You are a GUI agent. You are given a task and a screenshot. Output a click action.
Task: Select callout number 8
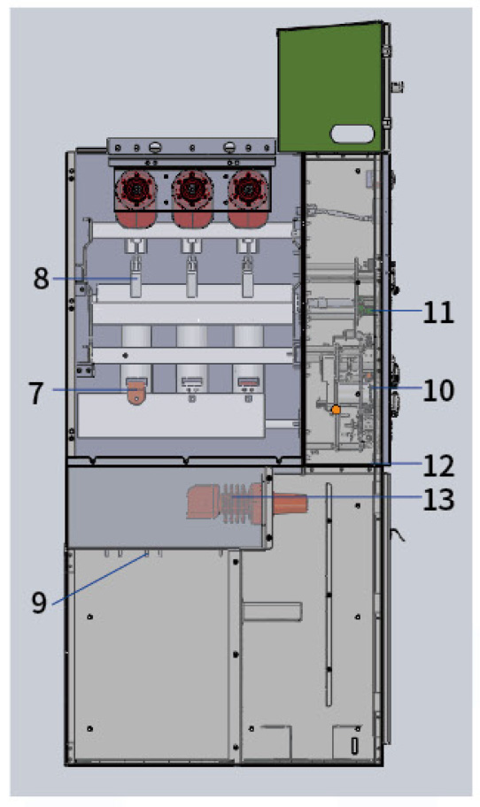coord(42,279)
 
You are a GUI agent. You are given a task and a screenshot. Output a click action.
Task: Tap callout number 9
coord(39,603)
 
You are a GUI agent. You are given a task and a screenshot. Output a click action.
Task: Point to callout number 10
coord(438,391)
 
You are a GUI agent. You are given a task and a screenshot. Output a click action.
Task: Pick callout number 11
coord(438,311)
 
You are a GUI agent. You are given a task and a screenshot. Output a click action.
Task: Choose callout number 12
coord(438,465)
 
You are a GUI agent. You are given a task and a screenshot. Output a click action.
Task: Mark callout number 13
coord(438,500)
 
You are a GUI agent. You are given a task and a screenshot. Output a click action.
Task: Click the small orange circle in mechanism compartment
coord(336,410)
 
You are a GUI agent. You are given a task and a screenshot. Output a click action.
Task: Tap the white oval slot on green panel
coord(352,134)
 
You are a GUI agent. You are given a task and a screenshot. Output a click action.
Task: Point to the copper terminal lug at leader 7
coord(136,391)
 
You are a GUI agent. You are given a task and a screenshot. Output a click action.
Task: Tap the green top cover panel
coord(331,88)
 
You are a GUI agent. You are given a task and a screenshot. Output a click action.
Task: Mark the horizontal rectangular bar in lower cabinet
coord(271,611)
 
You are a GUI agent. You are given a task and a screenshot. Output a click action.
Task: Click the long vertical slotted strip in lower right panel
coord(329,595)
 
